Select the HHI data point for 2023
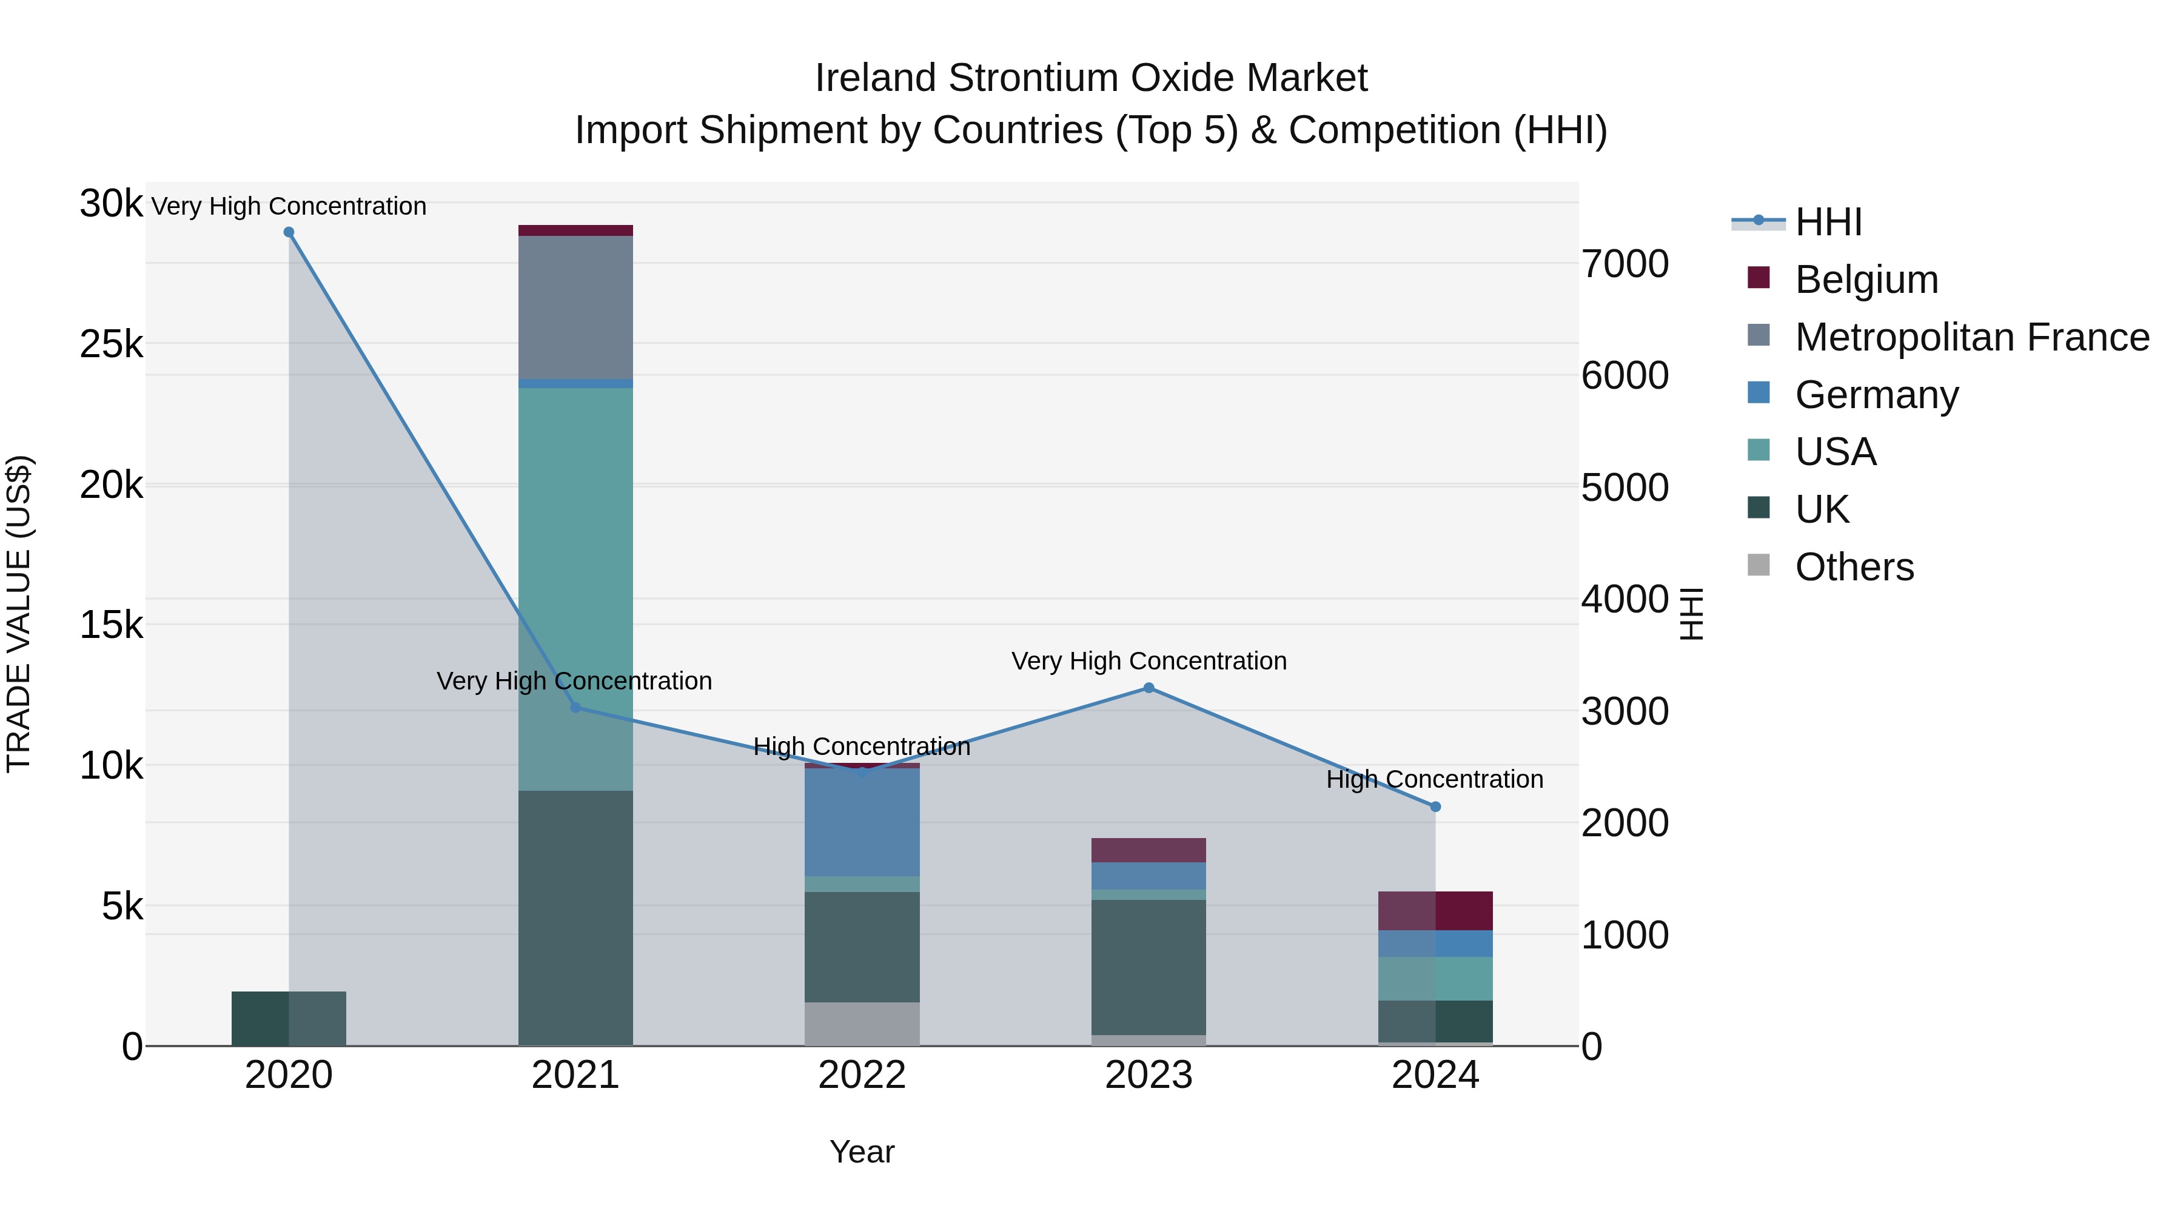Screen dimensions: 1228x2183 click(x=1149, y=688)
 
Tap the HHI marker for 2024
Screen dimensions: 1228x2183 click(x=1435, y=807)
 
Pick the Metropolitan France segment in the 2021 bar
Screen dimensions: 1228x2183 click(x=575, y=307)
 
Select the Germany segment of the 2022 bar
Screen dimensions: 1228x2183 click(x=862, y=822)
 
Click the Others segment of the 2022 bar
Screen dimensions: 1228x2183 click(x=862, y=1024)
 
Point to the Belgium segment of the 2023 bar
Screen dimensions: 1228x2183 click(x=1149, y=850)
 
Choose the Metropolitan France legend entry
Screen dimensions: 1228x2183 click(x=1971, y=337)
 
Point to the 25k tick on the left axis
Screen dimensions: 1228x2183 click(x=111, y=344)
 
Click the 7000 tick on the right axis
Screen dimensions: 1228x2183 click(x=1625, y=264)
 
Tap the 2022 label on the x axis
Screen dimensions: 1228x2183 click(x=862, y=1075)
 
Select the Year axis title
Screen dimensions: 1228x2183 click(x=862, y=1152)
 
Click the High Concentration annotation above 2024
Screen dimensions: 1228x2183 click(x=1434, y=779)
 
